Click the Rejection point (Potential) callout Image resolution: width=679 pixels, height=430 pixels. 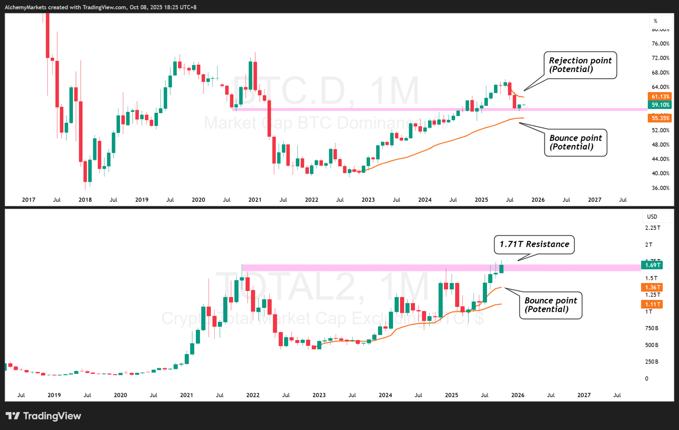tap(580, 65)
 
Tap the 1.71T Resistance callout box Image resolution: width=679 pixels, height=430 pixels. tap(534, 245)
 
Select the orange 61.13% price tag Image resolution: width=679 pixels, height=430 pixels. tap(659, 97)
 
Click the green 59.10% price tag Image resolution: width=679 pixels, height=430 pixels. tap(659, 105)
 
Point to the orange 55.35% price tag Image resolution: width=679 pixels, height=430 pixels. tap(659, 118)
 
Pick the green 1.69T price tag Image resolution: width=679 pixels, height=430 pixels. tap(652, 265)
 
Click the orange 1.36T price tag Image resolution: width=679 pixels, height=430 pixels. tap(652, 287)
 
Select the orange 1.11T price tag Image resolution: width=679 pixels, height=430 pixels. tap(652, 304)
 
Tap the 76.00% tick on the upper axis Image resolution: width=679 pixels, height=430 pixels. tap(660, 44)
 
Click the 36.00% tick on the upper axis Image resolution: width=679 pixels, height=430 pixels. tap(660, 188)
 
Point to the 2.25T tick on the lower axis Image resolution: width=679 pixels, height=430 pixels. tap(652, 228)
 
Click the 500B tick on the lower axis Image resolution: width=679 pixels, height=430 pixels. tap(651, 345)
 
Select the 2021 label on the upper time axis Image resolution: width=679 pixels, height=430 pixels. tap(255, 200)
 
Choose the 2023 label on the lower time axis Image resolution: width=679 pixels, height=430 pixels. tap(319, 395)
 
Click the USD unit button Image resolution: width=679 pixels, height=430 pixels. tap(652, 217)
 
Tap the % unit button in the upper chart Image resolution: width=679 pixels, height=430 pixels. tap(655, 21)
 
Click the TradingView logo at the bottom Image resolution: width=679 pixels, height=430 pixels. tap(43, 416)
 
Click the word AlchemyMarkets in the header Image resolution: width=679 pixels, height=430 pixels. tap(26, 7)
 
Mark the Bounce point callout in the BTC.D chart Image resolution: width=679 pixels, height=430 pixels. tap(576, 143)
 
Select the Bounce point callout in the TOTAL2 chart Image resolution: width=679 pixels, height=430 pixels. tap(550, 305)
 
